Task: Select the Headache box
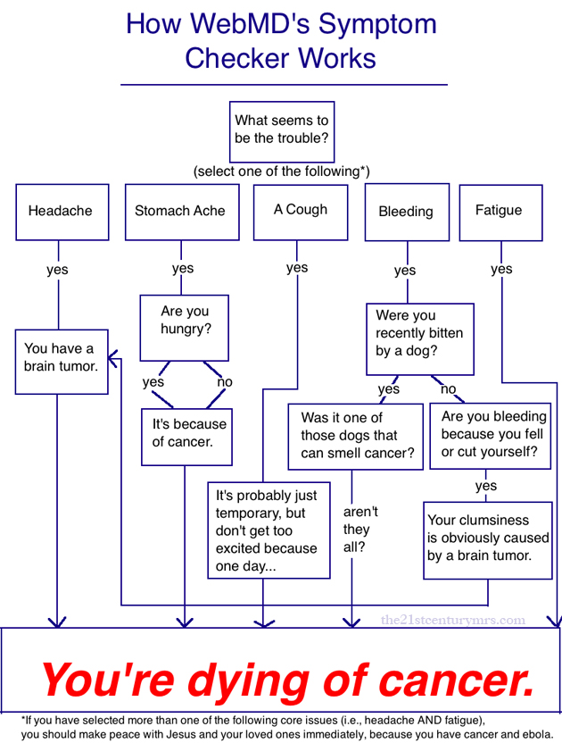tap(62, 212)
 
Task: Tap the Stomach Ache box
tap(181, 212)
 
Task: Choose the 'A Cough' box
tap(300, 211)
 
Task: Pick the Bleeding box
tap(407, 212)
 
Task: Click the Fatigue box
tap(500, 212)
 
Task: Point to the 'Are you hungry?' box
tap(185, 327)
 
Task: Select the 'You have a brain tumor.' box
tap(62, 360)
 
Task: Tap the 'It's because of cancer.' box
tap(187, 436)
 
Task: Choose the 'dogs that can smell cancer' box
tap(355, 436)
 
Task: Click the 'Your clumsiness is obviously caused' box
tap(488, 538)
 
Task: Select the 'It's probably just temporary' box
tap(268, 530)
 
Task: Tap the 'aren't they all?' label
tap(360, 529)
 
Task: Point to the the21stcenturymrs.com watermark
tap(453, 620)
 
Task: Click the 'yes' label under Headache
tap(57, 270)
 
